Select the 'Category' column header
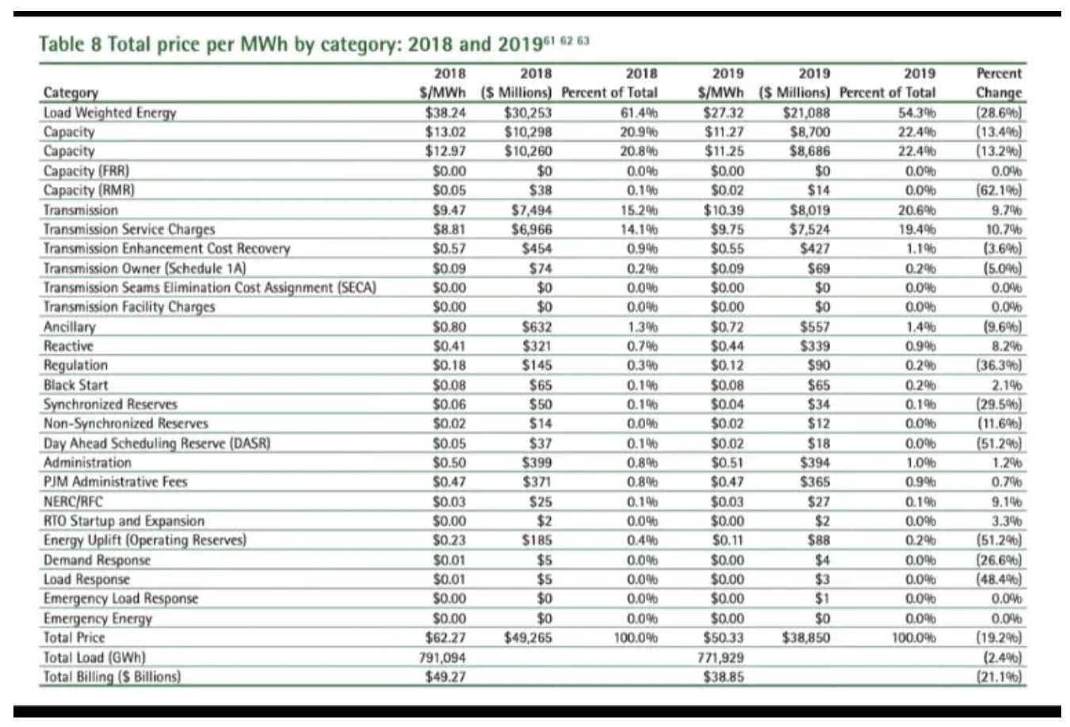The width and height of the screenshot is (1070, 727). [71, 93]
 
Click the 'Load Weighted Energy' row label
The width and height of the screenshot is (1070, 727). [109, 112]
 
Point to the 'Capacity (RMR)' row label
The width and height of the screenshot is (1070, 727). [89, 190]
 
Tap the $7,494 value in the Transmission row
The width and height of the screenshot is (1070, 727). [531, 210]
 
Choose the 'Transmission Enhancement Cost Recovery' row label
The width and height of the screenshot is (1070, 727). [166, 249]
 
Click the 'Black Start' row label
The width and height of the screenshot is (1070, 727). [76, 385]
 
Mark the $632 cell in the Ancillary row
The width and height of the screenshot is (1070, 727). [537, 326]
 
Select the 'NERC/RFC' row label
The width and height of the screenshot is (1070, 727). [73, 501]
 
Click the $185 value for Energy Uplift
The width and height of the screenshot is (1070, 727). [537, 540]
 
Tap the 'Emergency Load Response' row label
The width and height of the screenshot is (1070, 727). [120, 599]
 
